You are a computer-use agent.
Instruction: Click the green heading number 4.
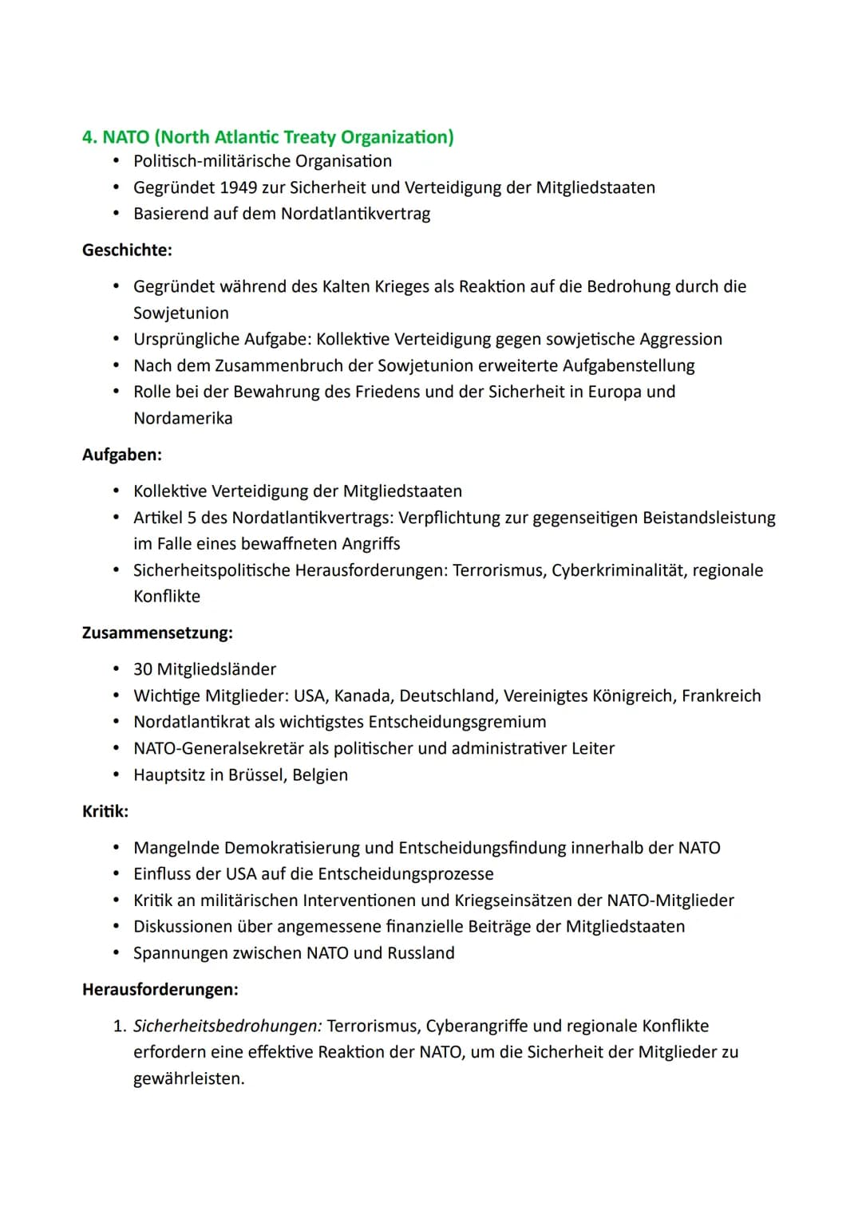pos(89,137)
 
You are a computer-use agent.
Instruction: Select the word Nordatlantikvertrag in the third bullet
pos(355,214)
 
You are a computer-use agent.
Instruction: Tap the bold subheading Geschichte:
pos(127,250)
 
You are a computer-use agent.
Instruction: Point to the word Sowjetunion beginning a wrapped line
pos(181,313)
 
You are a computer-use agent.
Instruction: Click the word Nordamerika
pos(183,418)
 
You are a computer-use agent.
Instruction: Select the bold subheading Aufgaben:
pos(122,455)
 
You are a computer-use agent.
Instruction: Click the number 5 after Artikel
pos(192,518)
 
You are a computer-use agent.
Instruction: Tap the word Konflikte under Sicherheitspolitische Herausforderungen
pos(167,596)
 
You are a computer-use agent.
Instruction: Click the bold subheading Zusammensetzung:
pos(157,633)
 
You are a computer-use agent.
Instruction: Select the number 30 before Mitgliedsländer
pos(143,669)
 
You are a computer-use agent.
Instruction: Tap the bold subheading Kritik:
pos(105,811)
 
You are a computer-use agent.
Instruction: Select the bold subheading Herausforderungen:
pos(160,989)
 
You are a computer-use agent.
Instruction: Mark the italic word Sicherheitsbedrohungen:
pos(227,1026)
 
